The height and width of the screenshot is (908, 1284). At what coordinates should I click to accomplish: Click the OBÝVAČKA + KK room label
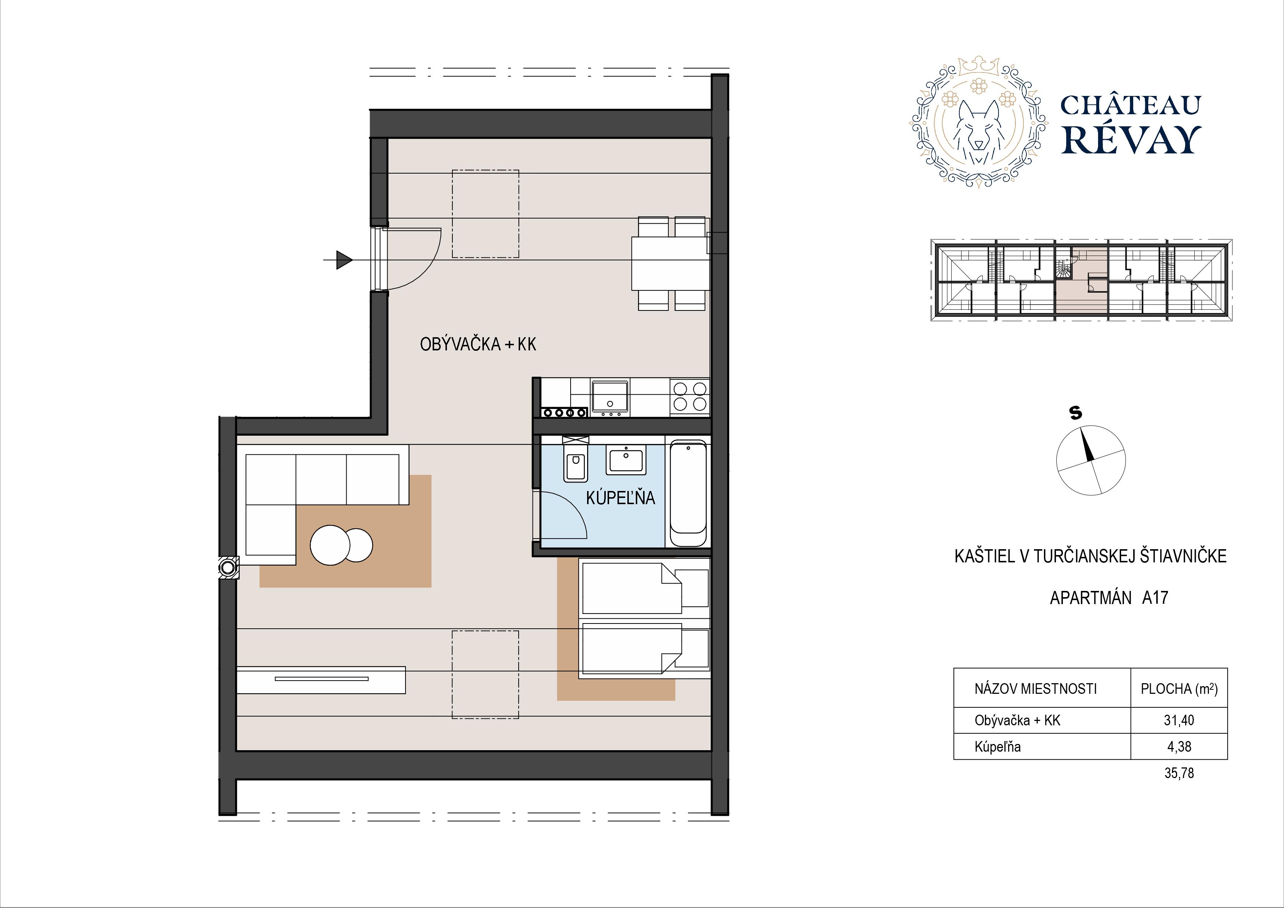click(478, 344)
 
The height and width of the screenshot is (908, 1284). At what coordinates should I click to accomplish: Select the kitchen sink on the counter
click(609, 397)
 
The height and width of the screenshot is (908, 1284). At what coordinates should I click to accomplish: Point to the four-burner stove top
click(690, 396)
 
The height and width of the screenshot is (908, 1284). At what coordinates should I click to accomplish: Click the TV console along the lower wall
click(321, 680)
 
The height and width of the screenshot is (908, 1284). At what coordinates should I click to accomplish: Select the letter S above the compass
click(1075, 413)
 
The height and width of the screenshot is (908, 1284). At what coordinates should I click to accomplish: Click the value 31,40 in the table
click(1179, 720)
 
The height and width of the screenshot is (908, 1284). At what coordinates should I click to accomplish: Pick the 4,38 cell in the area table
click(1179, 746)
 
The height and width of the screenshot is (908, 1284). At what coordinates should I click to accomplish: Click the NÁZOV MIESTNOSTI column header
click(1035, 689)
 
